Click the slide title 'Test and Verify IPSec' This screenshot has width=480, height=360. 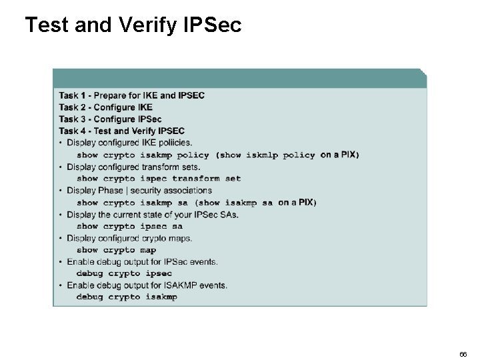[133, 25]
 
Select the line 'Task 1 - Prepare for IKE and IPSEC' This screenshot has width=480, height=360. [131, 95]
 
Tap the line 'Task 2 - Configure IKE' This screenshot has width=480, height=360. [105, 107]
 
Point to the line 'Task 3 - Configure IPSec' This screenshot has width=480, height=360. [110, 119]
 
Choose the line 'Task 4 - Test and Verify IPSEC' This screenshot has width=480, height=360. [121, 131]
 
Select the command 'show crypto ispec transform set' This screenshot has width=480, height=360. [159, 179]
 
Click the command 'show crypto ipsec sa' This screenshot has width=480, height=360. [129, 227]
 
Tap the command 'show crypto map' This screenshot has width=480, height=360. [116, 251]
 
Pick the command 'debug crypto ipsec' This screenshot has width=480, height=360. [124, 273]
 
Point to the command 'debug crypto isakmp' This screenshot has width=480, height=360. [127, 297]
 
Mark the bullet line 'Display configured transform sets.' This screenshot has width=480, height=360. [133, 167]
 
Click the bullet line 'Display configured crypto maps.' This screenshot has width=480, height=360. [129, 238]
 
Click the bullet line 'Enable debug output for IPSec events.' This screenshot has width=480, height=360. [142, 262]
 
